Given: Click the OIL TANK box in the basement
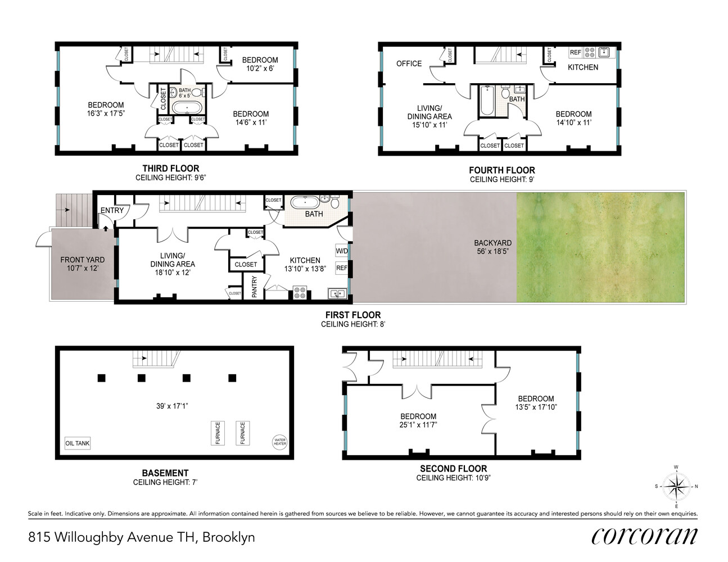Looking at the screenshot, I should pyautogui.click(x=78, y=443).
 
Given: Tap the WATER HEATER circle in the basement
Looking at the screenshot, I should pyautogui.click(x=279, y=442).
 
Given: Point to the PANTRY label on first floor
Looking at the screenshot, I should pyautogui.click(x=255, y=287).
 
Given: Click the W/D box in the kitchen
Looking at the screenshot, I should pyautogui.click(x=342, y=251).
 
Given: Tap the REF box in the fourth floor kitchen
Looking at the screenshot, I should pyautogui.click(x=576, y=52).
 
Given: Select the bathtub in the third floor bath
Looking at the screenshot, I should pyautogui.click(x=189, y=108).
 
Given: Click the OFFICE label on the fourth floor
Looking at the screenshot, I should pyautogui.click(x=409, y=64).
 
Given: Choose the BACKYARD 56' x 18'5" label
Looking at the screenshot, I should pyautogui.click(x=492, y=247).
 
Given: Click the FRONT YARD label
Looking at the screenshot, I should pyautogui.click(x=83, y=264).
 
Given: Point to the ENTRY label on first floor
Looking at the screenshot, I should pyautogui.click(x=112, y=211).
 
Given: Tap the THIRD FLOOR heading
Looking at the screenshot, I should pyautogui.click(x=170, y=168).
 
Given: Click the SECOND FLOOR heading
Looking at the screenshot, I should pyautogui.click(x=453, y=469).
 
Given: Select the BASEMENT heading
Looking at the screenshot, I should pyautogui.click(x=165, y=473).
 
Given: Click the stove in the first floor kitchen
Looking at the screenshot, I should pyautogui.click(x=300, y=293).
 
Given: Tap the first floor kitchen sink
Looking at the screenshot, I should pyautogui.click(x=337, y=293).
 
